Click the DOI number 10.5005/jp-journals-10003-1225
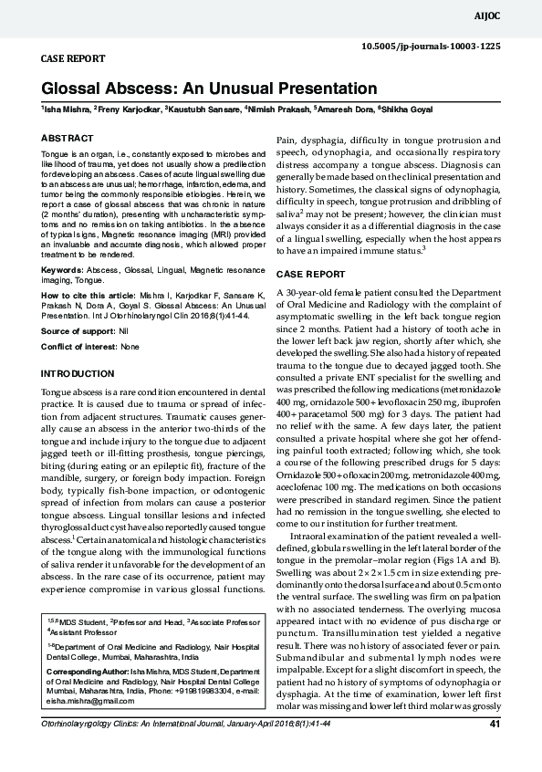point(432,45)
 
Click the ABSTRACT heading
point(67,138)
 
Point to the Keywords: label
point(65,271)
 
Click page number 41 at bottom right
point(495,750)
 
